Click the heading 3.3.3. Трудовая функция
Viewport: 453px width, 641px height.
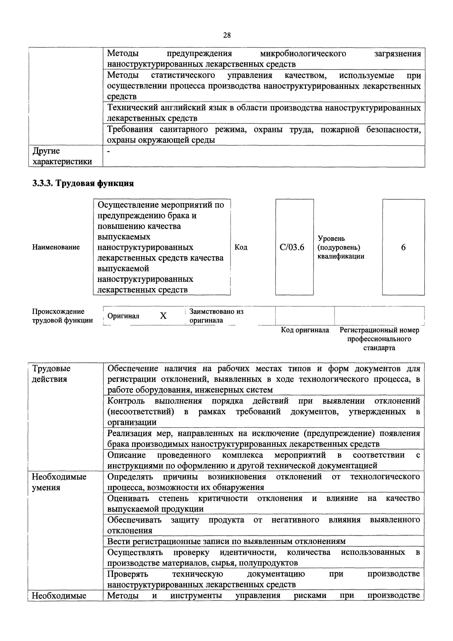pyautogui.click(x=83, y=184)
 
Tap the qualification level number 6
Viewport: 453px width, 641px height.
pyautogui.click(x=403, y=247)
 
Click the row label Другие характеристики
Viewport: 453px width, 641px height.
pyautogui.click(x=62, y=156)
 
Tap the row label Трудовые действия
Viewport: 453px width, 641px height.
pyautogui.click(x=51, y=374)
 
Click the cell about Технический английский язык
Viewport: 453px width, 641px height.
pyautogui.click(x=264, y=113)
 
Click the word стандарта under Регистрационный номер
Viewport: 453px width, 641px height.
pyautogui.click(x=379, y=348)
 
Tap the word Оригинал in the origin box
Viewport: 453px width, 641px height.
pyautogui.click(x=123, y=316)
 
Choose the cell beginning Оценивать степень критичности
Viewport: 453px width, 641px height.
pyautogui.click(x=264, y=503)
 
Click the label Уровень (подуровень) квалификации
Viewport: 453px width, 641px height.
pyautogui.click(x=341, y=247)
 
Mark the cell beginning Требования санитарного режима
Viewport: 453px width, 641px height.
pyautogui.click(x=264, y=135)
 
